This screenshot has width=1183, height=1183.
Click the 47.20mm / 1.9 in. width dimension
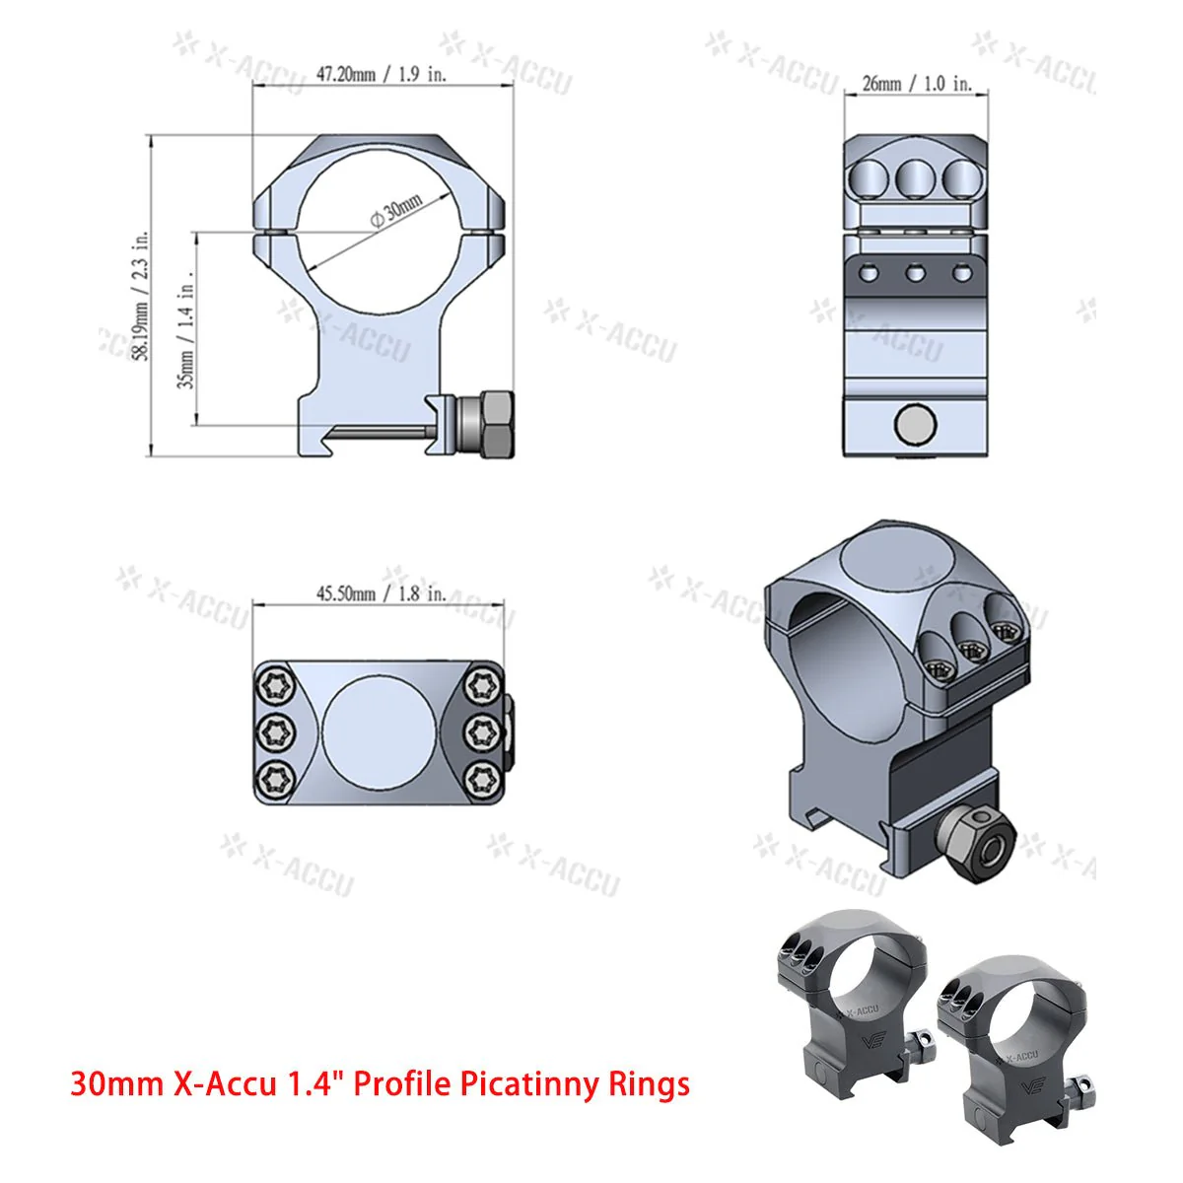click(x=382, y=75)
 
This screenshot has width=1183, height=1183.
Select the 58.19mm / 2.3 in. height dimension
click(x=142, y=296)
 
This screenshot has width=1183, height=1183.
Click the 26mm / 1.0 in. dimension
click(x=917, y=84)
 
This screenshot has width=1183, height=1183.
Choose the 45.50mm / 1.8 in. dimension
click(x=381, y=593)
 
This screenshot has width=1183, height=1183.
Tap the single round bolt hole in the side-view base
click(x=915, y=425)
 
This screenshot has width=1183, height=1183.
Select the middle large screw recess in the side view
click(x=915, y=177)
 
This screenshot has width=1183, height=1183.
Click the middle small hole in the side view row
click(x=915, y=273)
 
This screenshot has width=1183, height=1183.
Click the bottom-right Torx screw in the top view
click(x=482, y=779)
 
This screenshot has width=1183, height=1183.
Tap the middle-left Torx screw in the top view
click(x=273, y=731)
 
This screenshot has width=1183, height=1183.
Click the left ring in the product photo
click(x=848, y=996)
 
